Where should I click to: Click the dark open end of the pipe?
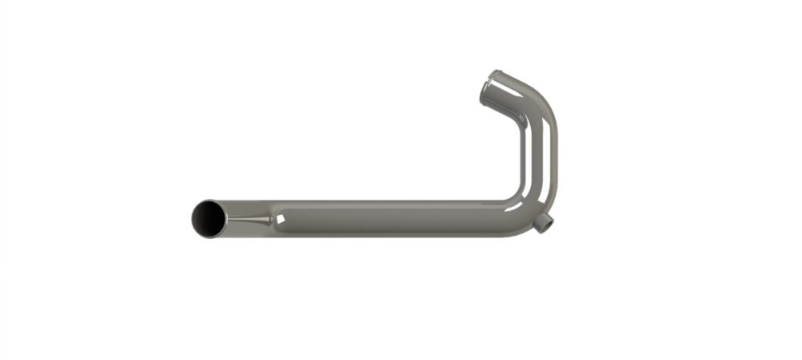[209, 218]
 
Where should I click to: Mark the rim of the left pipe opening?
[193, 218]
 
